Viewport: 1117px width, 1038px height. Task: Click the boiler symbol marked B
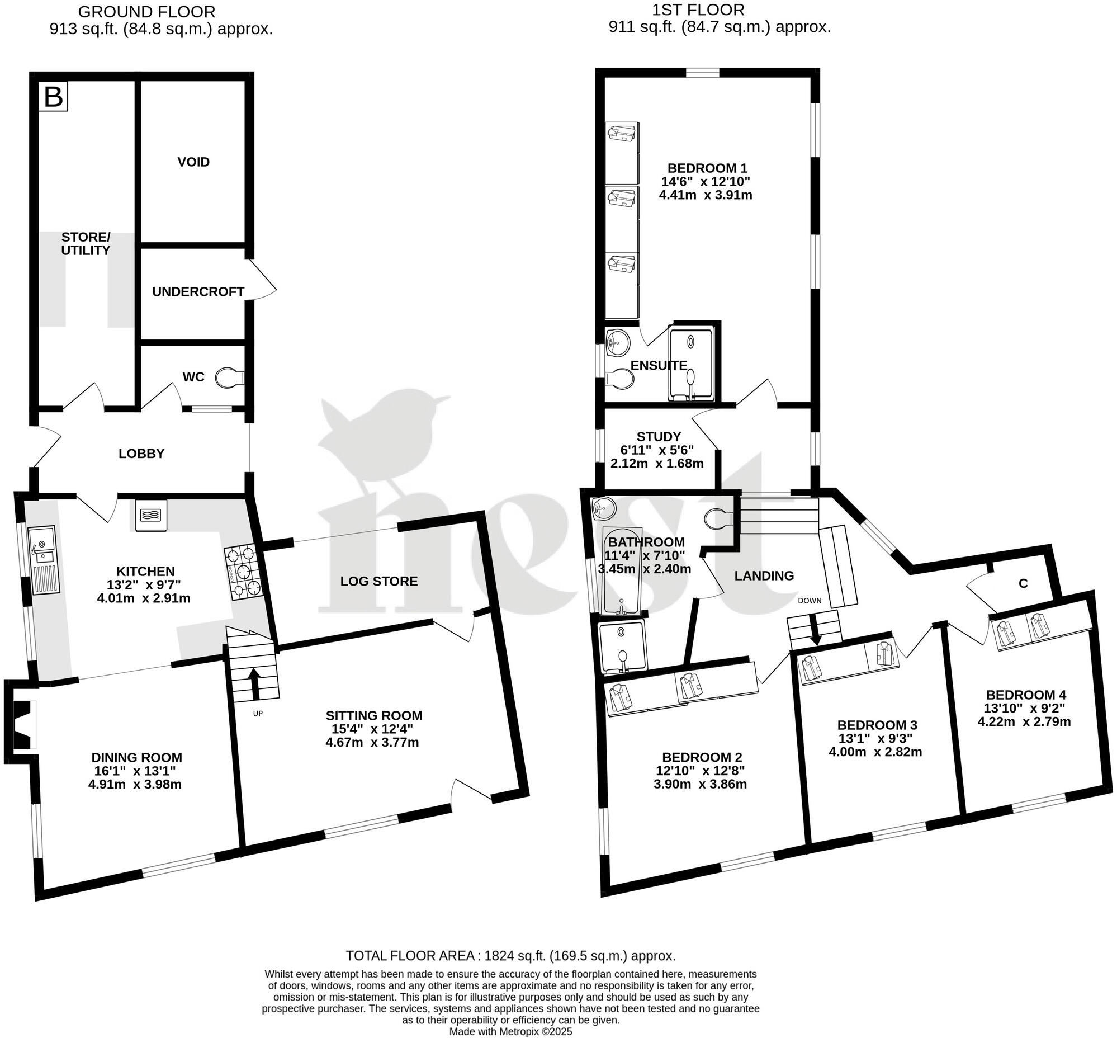pyautogui.click(x=53, y=97)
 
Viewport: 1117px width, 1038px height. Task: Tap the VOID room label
pyautogui.click(x=194, y=162)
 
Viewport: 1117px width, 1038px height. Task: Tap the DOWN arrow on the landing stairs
pyautogui.click(x=815, y=630)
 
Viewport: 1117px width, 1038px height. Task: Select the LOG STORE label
pyautogui.click(x=379, y=581)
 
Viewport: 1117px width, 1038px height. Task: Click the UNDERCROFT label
pyautogui.click(x=198, y=292)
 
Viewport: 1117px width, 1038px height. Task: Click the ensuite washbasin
pyautogui.click(x=617, y=341)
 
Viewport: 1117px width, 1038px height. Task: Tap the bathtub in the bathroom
pyautogui.click(x=621, y=571)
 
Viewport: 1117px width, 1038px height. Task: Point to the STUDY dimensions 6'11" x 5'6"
pyautogui.click(x=657, y=450)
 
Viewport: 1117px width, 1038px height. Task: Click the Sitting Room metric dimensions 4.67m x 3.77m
pyautogui.click(x=372, y=743)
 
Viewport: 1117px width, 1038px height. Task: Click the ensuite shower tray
pyautogui.click(x=691, y=364)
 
